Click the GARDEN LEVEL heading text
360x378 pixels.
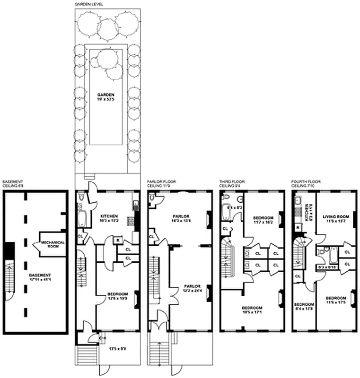(89, 4)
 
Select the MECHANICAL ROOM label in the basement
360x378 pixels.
(52, 244)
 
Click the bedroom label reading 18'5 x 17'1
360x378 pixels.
(253, 310)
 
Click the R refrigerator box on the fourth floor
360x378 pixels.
(298, 228)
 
